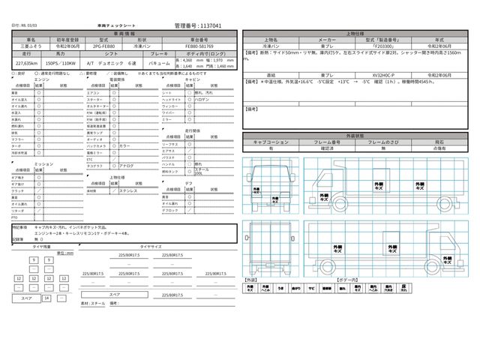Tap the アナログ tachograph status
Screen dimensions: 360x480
[127, 164]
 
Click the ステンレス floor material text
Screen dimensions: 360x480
[127, 190]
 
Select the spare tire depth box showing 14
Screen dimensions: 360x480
[46, 298]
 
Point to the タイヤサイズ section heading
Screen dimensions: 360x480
[145, 245]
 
